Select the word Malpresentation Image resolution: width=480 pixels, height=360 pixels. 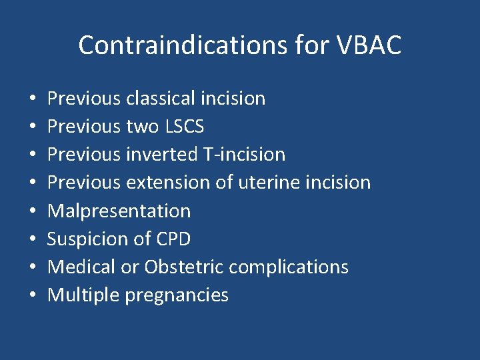[x=119, y=211]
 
